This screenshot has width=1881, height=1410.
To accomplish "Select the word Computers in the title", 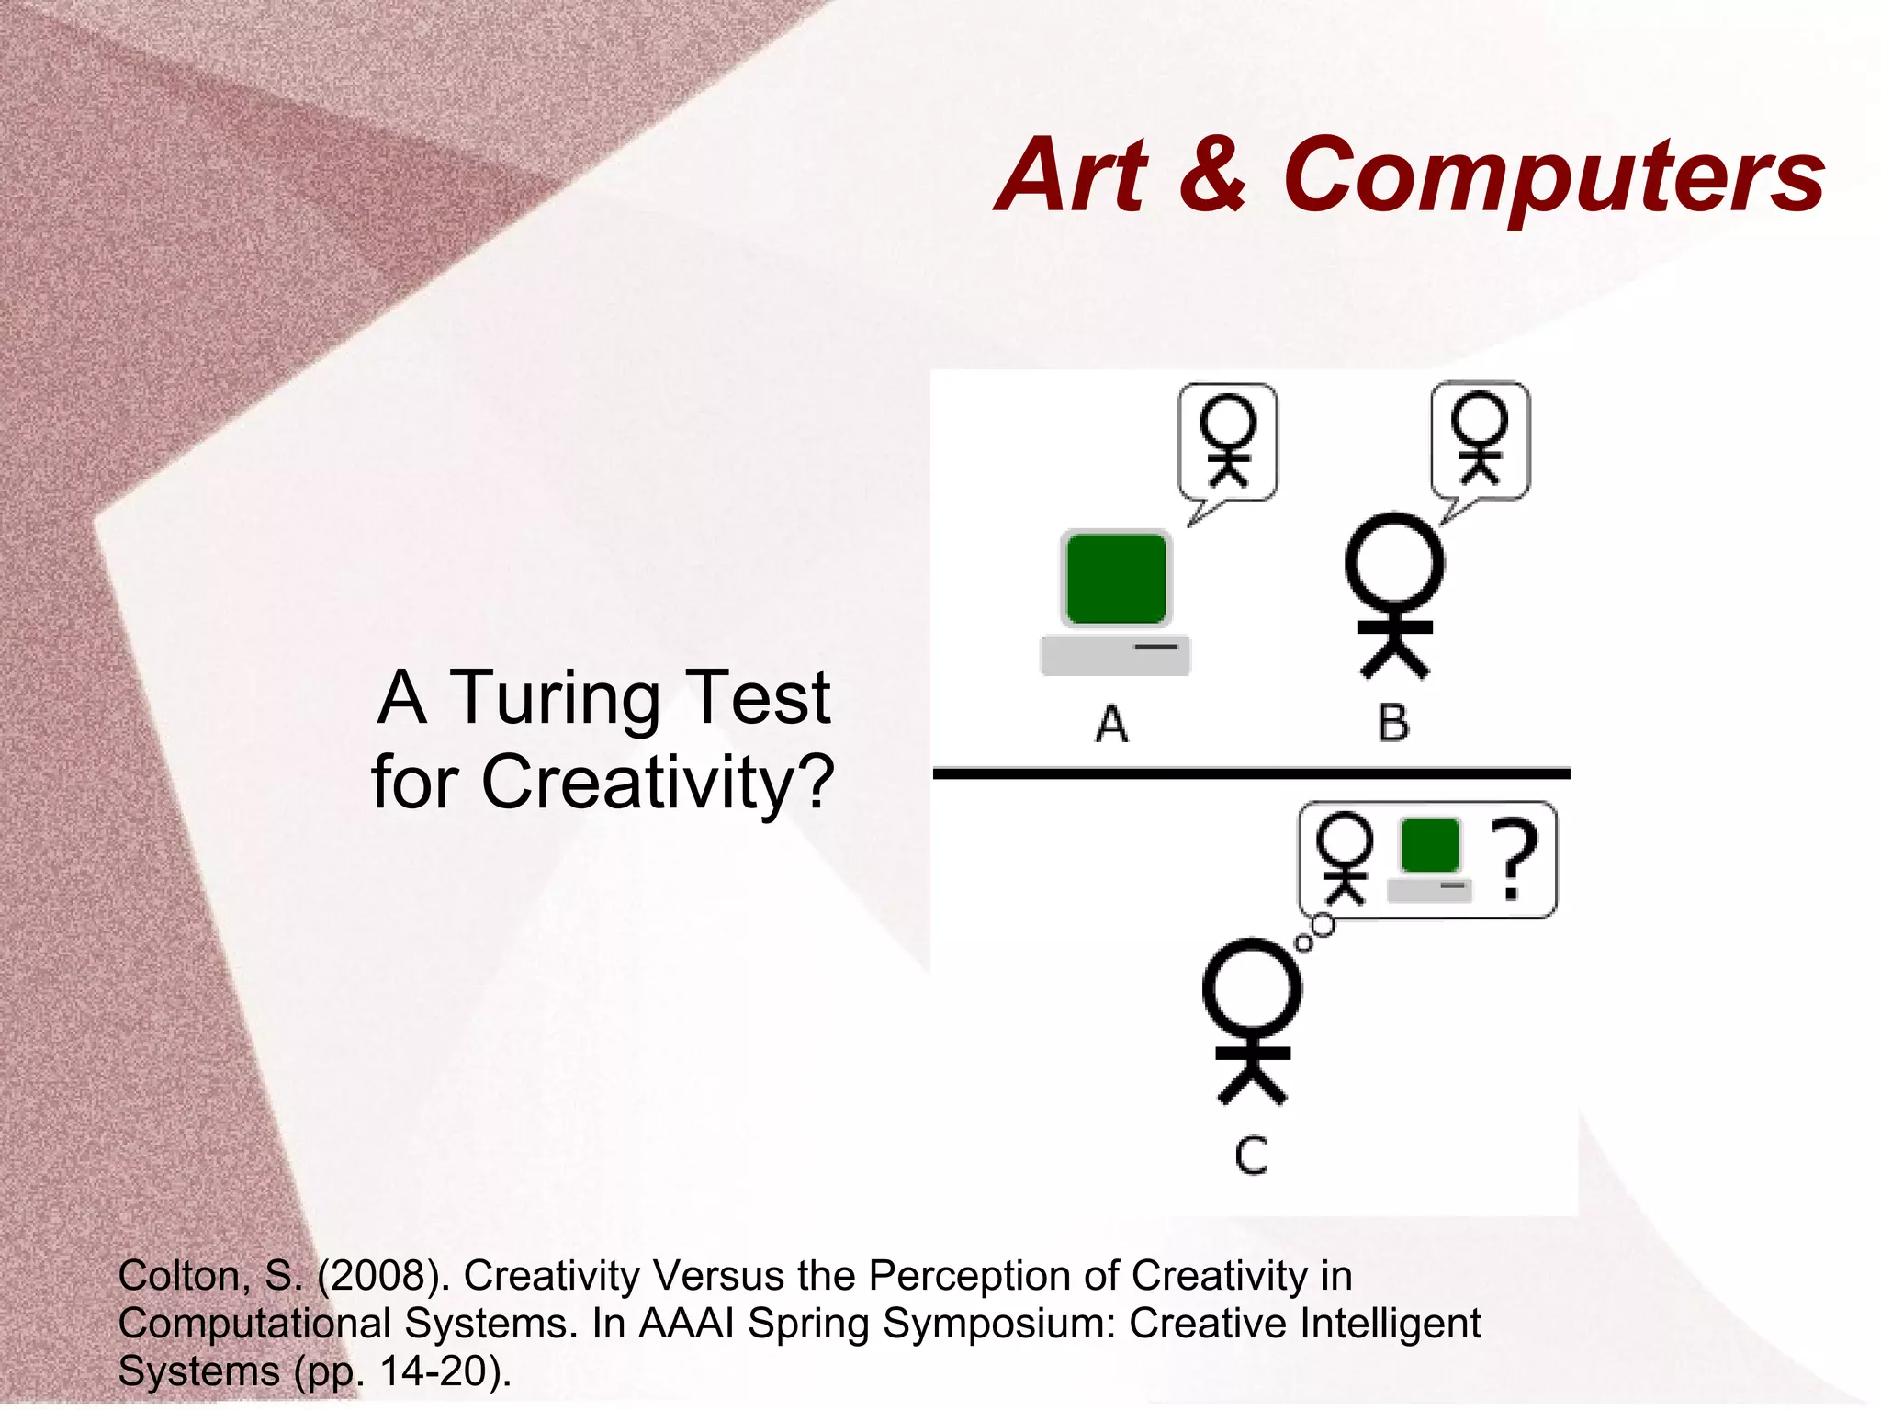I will (1553, 176).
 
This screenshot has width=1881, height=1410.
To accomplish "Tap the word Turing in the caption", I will (557, 698).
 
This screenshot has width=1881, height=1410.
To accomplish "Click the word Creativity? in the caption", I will (658, 783).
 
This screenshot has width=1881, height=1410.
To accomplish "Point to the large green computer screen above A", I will (1116, 579).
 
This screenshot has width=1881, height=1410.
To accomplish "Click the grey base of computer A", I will (1115, 655).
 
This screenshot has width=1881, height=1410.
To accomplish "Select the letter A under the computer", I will (1111, 724).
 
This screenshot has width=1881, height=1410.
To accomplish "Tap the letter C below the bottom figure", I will (1251, 1156).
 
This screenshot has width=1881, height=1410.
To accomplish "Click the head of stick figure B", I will (1394, 561).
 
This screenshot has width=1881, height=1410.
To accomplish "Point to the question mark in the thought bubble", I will (1514, 859).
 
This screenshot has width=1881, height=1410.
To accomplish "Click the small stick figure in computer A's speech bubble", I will (1228, 439).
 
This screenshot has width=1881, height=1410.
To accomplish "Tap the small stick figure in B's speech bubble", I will (1480, 437).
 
